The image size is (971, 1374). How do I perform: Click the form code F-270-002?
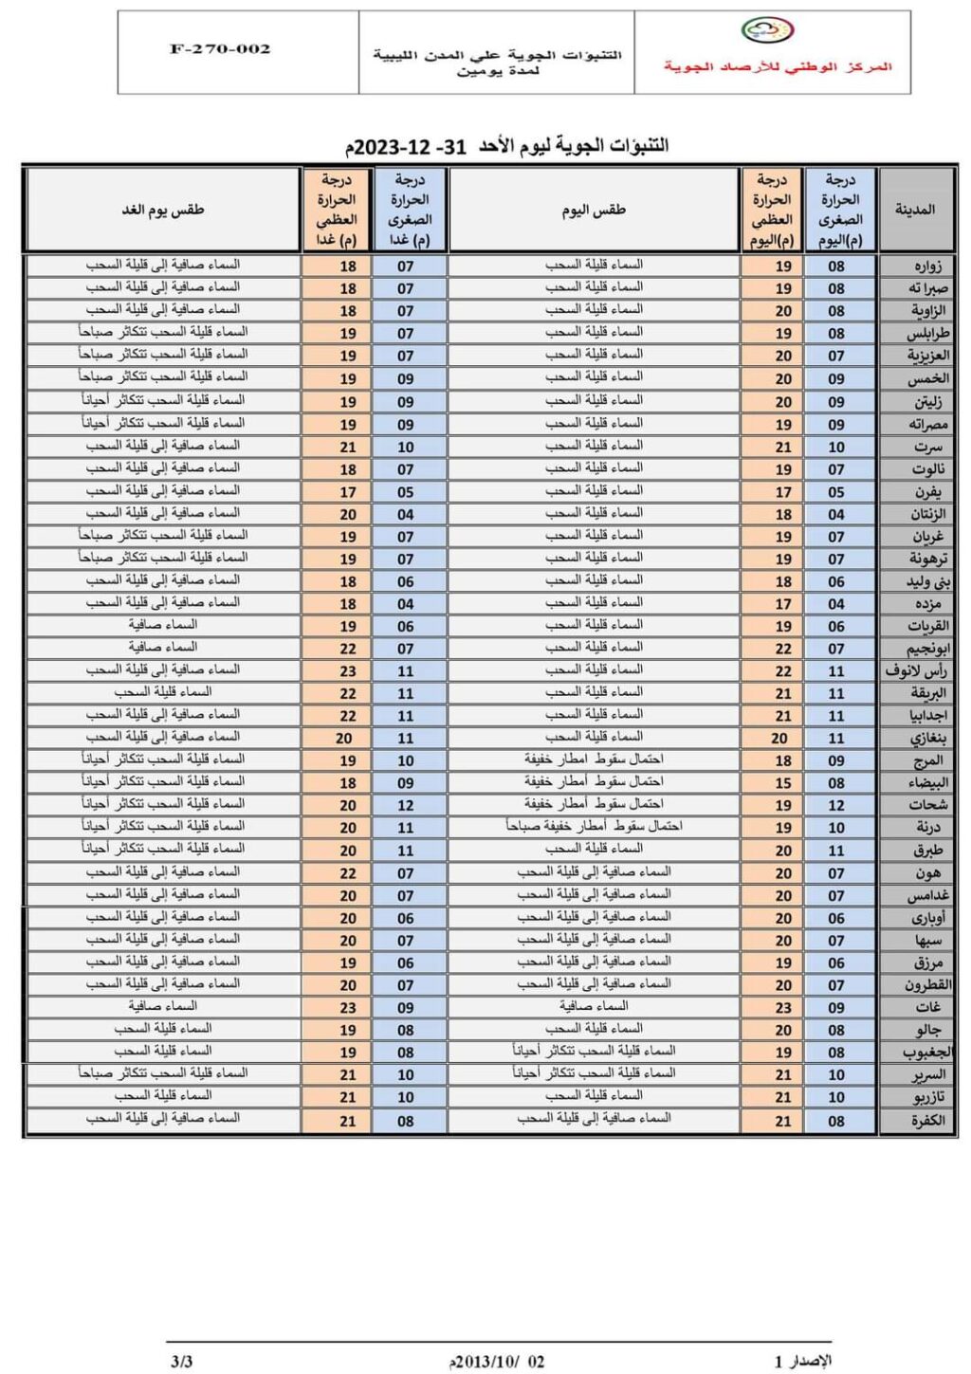220,49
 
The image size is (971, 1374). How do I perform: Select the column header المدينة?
915,210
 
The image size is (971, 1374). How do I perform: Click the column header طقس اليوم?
594,210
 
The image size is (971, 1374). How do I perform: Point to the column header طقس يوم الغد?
163,210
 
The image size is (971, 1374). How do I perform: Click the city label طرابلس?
926,333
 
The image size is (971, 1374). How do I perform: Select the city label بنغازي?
927,738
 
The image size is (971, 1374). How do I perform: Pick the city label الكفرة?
926,1120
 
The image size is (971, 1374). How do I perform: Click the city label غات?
927,1007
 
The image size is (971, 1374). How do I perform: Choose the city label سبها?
927,940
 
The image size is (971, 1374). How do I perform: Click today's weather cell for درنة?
594,827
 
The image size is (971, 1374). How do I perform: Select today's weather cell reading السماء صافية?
594,1006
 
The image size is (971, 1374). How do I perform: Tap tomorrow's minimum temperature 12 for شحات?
406,805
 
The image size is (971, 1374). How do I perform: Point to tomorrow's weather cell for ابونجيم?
163,648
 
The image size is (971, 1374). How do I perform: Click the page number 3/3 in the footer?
181,1361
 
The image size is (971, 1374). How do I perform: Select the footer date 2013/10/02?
497,1362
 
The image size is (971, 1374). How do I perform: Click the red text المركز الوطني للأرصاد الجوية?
778,66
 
